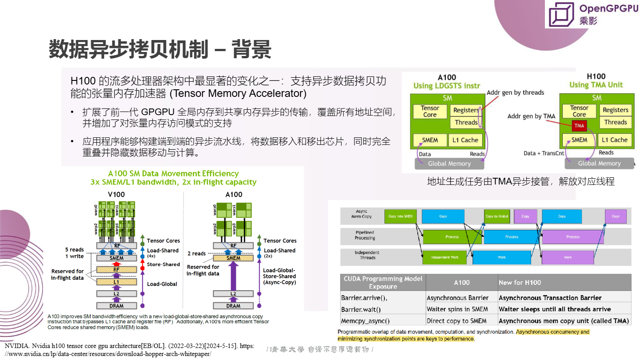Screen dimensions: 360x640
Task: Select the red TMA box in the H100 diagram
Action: point(579,126)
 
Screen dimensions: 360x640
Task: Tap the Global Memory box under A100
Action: point(449,164)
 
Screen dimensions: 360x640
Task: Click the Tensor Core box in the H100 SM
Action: point(579,111)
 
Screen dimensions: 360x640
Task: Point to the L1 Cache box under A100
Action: point(465,140)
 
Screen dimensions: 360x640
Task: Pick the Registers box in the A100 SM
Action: point(466,110)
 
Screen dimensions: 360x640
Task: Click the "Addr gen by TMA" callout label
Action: point(531,116)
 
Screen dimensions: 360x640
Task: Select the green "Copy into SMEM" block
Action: point(400,216)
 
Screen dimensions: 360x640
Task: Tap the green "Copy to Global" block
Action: point(496,216)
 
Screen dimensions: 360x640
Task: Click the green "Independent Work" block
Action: point(444,257)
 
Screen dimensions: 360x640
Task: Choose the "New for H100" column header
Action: point(520,282)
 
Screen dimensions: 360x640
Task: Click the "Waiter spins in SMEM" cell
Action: point(457,309)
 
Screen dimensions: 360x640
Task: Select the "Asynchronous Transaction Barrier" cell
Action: point(550,298)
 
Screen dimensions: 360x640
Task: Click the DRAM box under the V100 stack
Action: point(116,306)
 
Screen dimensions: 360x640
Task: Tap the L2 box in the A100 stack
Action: point(233,294)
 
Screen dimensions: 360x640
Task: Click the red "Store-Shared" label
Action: point(163,264)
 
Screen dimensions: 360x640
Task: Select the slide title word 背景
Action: point(251,49)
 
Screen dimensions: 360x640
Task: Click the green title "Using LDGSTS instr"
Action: point(447,85)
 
